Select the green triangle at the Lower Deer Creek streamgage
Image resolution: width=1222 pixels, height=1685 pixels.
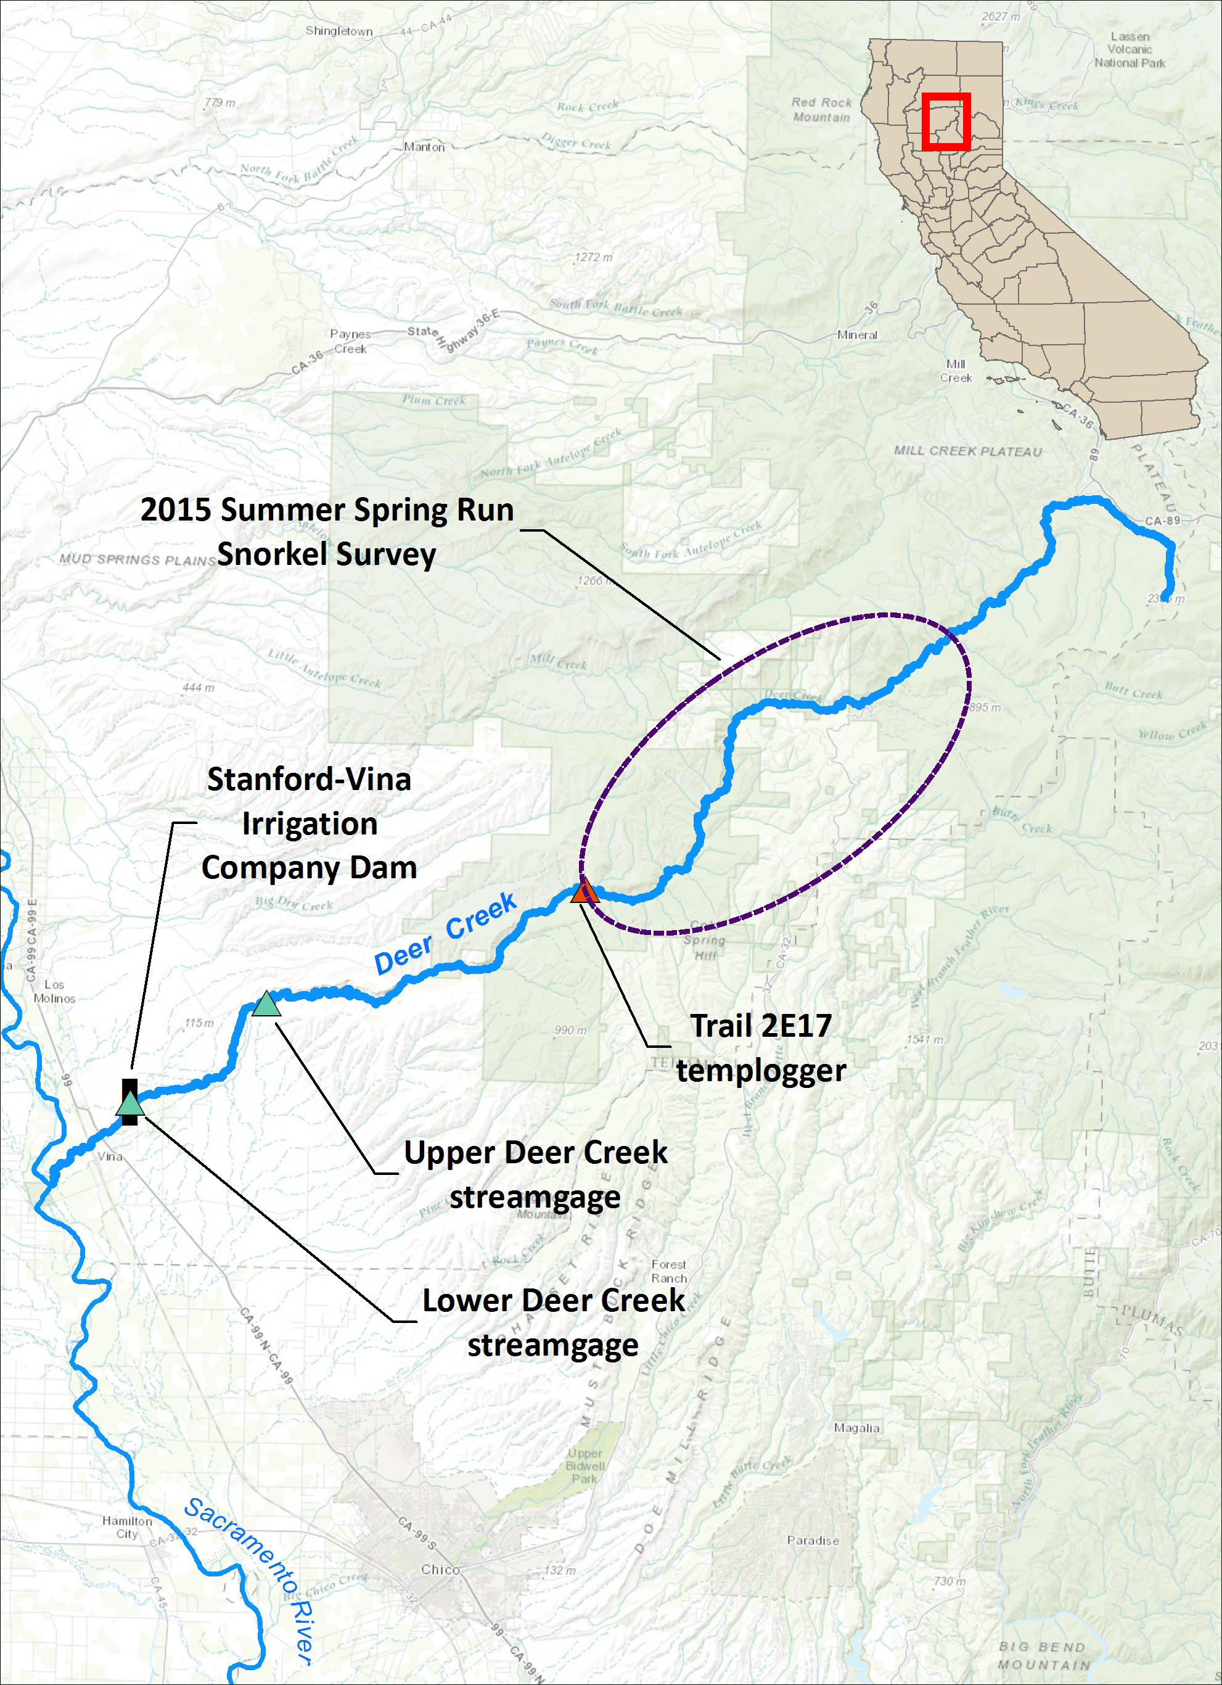pos(130,1103)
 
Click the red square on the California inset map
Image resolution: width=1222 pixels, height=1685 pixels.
pos(946,121)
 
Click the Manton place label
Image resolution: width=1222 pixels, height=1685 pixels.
pos(424,147)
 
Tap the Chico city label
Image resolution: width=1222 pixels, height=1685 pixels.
pos(440,1569)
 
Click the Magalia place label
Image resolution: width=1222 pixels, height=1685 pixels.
pos(856,1428)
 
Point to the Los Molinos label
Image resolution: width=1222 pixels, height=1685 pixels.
pos(54,991)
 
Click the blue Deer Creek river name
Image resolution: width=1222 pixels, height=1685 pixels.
pos(445,933)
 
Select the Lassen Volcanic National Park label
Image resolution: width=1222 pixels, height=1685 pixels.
pos(1129,50)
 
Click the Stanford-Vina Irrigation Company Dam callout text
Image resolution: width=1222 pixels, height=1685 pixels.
pos(309,823)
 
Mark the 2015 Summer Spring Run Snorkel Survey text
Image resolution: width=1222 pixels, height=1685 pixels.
pos(327,532)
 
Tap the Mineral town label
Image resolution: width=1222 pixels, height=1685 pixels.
pos(856,335)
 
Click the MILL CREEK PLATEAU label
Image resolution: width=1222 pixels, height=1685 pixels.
pos(967,451)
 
